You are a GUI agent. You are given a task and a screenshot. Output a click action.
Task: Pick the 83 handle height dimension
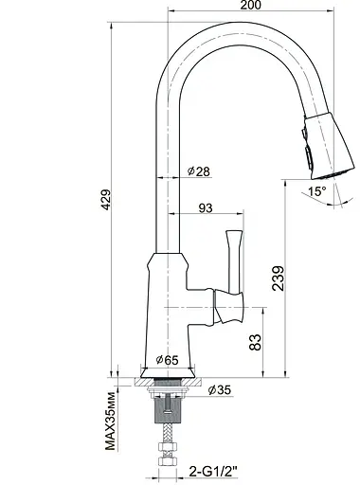255,343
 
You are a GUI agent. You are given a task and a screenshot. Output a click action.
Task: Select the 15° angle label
316,191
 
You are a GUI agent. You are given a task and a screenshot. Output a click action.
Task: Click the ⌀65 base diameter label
166,361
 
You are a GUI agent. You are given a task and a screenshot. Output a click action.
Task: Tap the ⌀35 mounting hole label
219,389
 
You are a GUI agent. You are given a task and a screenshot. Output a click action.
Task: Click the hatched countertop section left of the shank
143,383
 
